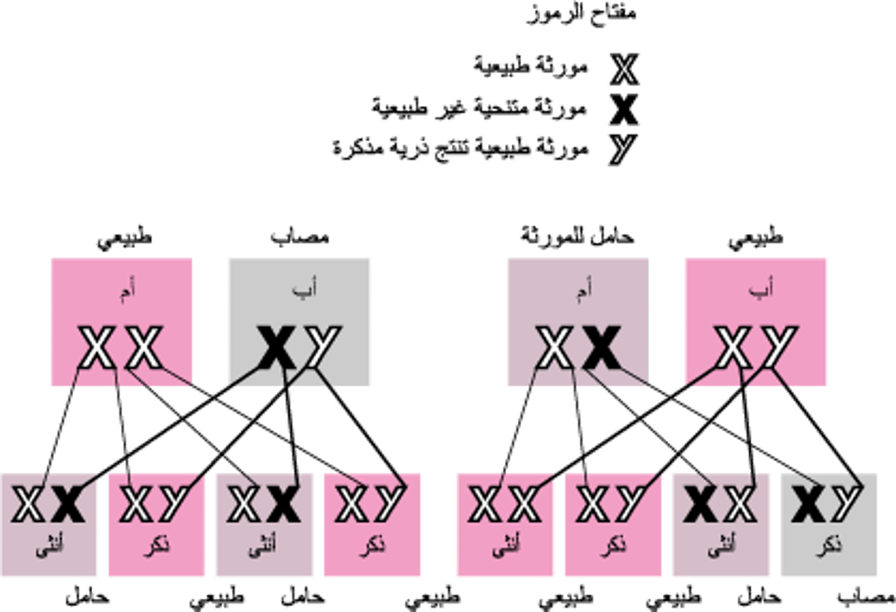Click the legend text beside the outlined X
(531, 66)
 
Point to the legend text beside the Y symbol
(460, 149)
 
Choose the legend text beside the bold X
(480, 107)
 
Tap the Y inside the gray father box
(319, 348)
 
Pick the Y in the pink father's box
(777, 348)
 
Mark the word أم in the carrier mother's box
(578, 291)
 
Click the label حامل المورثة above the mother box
(577, 237)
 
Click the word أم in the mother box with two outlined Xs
(121, 291)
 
